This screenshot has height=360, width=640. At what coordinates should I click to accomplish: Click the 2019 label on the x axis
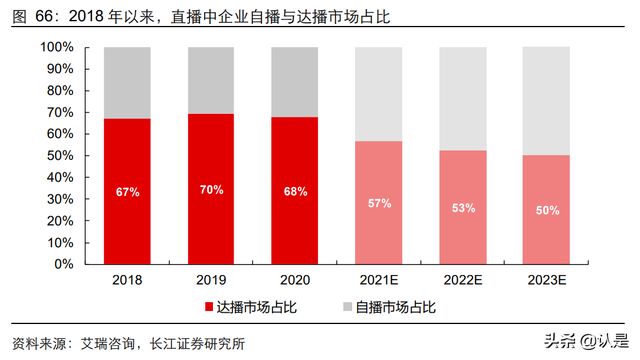[x=211, y=280]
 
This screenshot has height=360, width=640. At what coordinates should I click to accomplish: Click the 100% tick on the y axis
[x=56, y=47]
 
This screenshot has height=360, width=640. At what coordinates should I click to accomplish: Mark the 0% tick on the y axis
[x=64, y=264]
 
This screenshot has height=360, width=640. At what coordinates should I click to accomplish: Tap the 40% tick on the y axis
[x=60, y=177]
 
